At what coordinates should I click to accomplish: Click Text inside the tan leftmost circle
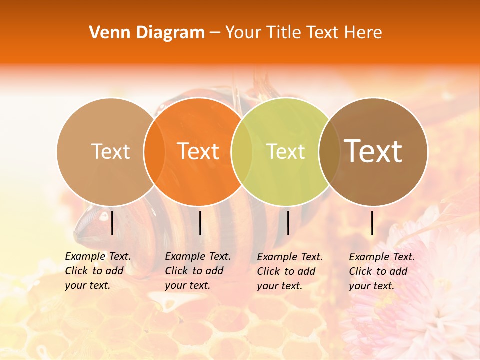[x=110, y=151]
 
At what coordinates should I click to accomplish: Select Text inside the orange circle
[x=198, y=151]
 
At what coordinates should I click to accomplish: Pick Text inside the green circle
[x=285, y=151]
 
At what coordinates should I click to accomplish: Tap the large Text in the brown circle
[x=373, y=151]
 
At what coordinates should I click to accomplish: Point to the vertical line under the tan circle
[x=112, y=223]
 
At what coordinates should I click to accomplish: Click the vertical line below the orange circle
[x=200, y=223]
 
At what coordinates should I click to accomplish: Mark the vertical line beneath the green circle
[x=288, y=223]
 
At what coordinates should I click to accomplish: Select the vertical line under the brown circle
[x=372, y=223]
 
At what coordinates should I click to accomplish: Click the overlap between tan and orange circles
[x=154, y=151]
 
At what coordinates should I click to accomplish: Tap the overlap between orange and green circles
[x=242, y=151]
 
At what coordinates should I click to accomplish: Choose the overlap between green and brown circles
[x=329, y=151]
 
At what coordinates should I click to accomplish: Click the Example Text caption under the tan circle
[x=98, y=271]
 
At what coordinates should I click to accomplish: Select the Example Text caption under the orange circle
[x=198, y=271]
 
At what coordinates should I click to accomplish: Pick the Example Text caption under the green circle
[x=290, y=271]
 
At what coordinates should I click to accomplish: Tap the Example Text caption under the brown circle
[x=382, y=271]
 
